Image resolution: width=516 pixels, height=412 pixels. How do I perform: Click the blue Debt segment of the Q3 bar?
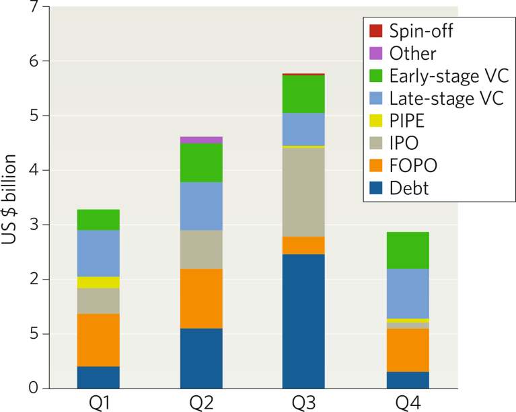tap(303, 321)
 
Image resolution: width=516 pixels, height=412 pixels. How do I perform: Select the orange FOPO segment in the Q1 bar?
tap(98, 340)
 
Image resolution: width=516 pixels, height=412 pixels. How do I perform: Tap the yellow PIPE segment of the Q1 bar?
tap(98, 282)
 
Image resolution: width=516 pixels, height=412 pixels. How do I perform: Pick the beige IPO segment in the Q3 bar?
tap(303, 192)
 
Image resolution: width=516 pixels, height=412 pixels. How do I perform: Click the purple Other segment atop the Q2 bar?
tap(201, 140)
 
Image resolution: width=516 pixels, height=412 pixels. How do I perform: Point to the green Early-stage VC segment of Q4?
tap(408, 250)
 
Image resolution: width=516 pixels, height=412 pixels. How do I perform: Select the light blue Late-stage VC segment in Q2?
tap(201, 206)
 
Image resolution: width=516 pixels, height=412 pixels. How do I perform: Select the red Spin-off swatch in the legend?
tap(376, 30)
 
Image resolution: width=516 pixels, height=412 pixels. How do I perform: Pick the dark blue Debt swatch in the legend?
tap(376, 188)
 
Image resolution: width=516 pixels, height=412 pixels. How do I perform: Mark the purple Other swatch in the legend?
tap(376, 52)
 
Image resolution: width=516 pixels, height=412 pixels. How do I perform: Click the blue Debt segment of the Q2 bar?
tap(201, 358)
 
